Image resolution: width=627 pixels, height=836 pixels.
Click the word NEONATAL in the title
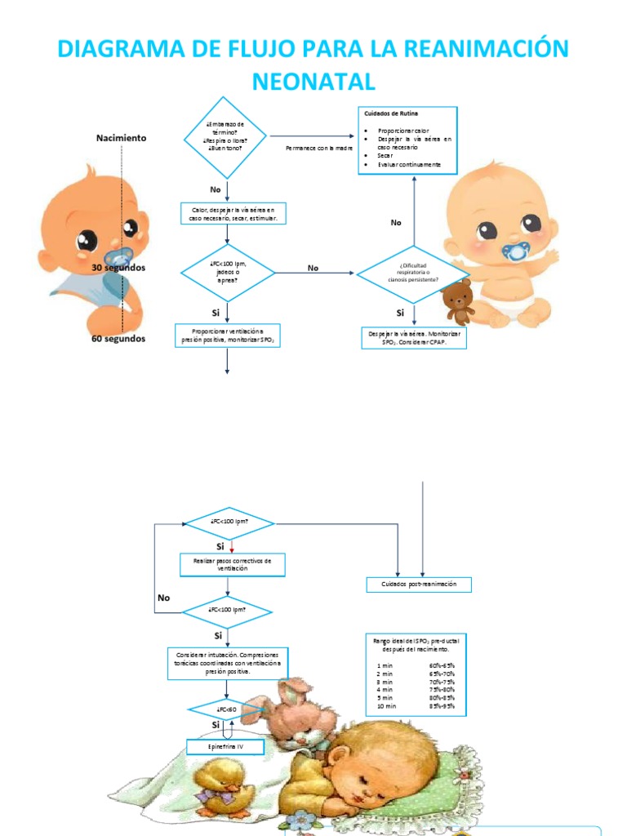[313, 81]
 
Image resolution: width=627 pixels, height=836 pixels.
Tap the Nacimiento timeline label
[122, 138]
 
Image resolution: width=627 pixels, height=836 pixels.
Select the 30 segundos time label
[118, 267]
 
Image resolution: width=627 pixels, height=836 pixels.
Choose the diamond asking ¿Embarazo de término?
[226, 136]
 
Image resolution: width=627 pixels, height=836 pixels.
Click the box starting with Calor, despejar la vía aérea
[233, 214]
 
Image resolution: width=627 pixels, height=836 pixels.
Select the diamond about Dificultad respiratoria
[413, 274]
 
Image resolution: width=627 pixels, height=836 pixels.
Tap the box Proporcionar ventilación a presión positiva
[228, 335]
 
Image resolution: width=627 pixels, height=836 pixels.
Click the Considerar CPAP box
[414, 338]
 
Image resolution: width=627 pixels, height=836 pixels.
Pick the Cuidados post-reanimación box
[419, 585]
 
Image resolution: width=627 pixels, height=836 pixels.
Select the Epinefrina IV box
[227, 747]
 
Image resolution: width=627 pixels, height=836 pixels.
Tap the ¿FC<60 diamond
[226, 709]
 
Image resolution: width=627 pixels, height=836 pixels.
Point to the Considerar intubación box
[227, 663]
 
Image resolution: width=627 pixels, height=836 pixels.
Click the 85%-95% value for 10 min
[442, 706]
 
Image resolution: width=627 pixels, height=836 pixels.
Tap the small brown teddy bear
[458, 301]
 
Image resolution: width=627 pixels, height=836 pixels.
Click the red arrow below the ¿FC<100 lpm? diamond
[232, 545]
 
